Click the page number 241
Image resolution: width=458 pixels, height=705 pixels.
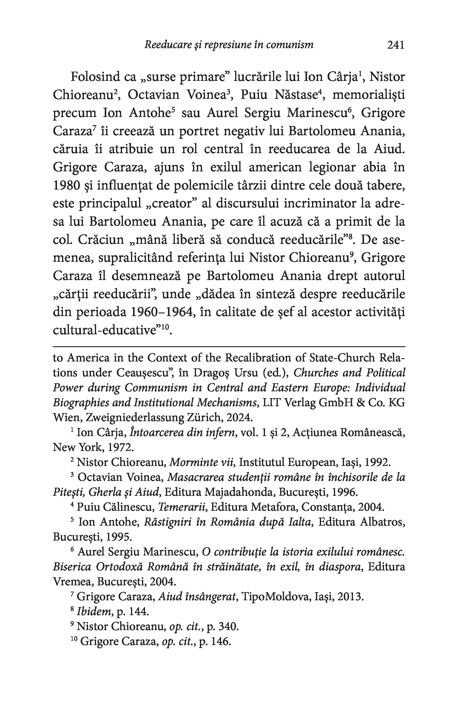(x=395, y=45)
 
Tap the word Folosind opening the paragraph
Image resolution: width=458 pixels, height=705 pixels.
(x=92, y=77)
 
